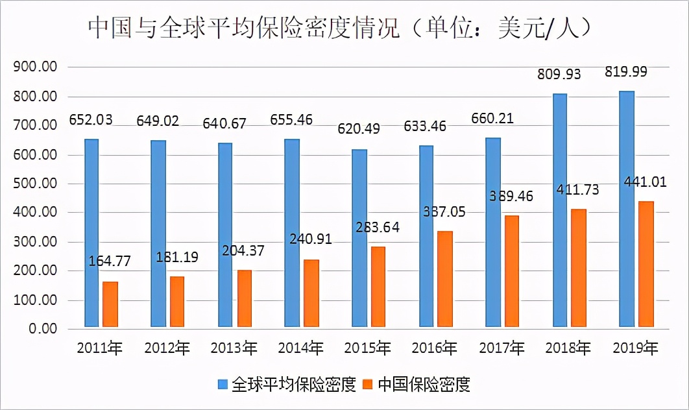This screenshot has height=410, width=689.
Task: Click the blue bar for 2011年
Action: [91, 233]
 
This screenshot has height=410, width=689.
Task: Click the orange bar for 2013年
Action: [245, 298]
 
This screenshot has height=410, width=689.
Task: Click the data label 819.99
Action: [627, 72]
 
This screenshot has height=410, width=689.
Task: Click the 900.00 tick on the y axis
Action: [36, 67]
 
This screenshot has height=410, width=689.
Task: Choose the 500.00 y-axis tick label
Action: [36, 184]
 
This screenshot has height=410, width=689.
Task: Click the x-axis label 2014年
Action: [300, 348]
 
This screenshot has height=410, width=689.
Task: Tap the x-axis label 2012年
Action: [167, 348]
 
